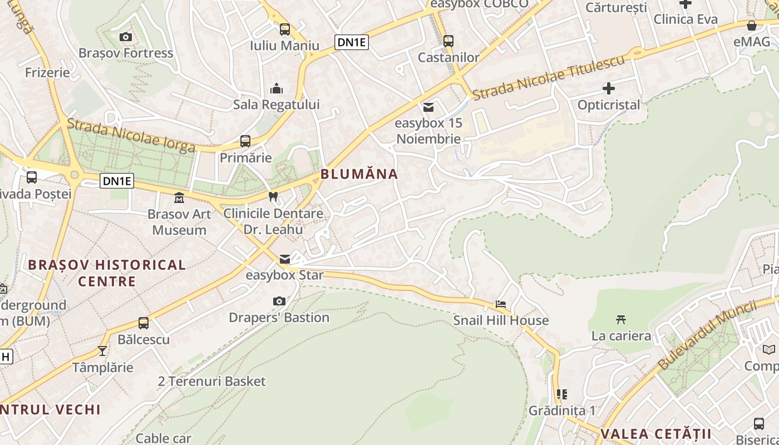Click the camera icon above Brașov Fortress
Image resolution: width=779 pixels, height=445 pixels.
(x=126, y=37)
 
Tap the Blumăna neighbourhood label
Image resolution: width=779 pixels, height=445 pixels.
(x=359, y=174)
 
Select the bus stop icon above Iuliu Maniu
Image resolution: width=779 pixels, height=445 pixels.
(x=285, y=29)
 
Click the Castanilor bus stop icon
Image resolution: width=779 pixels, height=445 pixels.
(x=448, y=41)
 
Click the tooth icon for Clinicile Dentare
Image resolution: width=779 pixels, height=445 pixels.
(x=273, y=196)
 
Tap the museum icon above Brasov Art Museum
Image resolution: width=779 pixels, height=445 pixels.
(x=179, y=197)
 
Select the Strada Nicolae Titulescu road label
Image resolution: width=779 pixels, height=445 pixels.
(x=549, y=78)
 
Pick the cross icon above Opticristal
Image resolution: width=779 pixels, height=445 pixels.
(x=609, y=88)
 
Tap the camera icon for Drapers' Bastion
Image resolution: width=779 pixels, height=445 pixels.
(x=279, y=301)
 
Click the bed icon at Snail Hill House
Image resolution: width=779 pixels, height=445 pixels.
(x=501, y=304)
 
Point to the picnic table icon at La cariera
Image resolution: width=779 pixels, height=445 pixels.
(x=621, y=319)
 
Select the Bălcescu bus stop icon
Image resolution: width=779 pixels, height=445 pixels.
(x=144, y=323)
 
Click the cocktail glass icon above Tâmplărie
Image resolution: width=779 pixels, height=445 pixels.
(x=102, y=351)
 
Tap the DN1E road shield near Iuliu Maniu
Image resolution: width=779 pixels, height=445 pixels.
(x=352, y=42)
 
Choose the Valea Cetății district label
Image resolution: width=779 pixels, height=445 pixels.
(x=656, y=434)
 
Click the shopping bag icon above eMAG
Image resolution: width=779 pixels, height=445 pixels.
(x=752, y=26)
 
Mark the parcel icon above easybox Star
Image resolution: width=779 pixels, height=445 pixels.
(x=285, y=259)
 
